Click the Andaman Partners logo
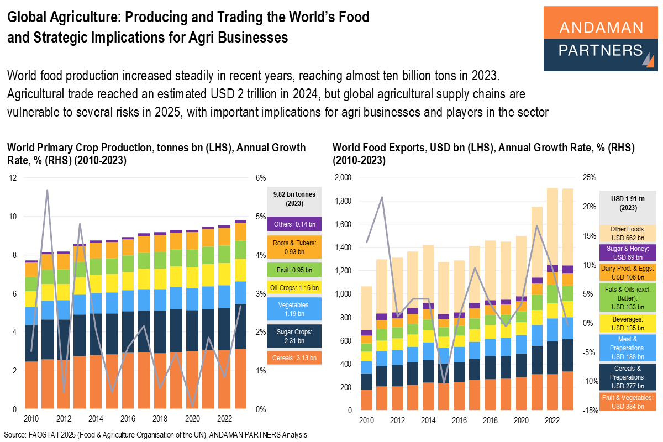pos(601,39)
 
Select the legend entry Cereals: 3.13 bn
pos(294,358)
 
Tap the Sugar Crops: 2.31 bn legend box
pos(294,336)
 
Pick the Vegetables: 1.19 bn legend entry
pos(294,308)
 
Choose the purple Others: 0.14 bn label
pos(294,224)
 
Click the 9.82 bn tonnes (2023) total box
pos(294,198)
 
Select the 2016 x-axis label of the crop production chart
pos(127,419)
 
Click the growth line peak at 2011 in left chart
pos(48,190)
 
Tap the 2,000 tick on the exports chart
pos(343,178)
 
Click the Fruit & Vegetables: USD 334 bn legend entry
pos(628,402)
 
